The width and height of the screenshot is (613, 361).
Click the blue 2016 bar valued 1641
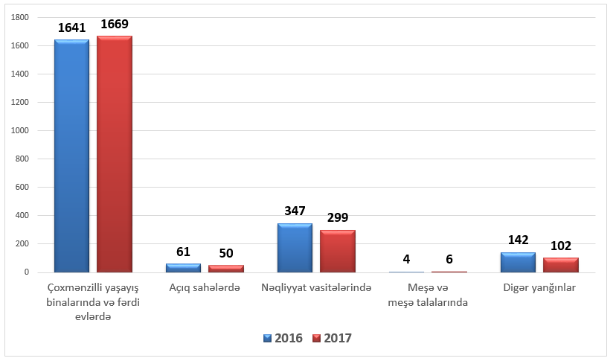click(x=71, y=156)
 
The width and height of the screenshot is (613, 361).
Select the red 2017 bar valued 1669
click(x=115, y=154)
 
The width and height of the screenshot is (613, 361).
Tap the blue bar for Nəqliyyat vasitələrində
click(x=295, y=248)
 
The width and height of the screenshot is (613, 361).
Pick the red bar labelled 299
click(x=338, y=251)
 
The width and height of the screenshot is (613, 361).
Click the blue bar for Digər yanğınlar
click(x=518, y=262)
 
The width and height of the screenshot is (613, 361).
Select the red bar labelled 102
click(x=561, y=265)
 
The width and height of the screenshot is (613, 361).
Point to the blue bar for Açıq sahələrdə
click(x=183, y=268)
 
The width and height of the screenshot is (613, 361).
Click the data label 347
click(x=295, y=211)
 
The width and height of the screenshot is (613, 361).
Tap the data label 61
click(x=183, y=252)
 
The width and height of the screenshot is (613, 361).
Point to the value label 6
click(x=449, y=259)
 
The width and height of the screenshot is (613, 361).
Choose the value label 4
click(x=407, y=259)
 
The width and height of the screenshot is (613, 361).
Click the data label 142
click(x=518, y=240)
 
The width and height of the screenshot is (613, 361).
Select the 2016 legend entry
click(x=283, y=338)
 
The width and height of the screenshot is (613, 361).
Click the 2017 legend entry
click(x=333, y=338)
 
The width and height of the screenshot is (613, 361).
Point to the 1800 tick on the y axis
click(x=20, y=17)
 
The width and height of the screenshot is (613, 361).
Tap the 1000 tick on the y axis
click(x=20, y=131)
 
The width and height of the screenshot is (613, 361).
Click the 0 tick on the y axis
click(x=27, y=272)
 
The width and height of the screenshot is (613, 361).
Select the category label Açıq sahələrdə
click(x=205, y=288)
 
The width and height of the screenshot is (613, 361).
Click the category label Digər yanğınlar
click(x=539, y=288)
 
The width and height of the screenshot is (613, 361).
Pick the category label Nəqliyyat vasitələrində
click(x=316, y=288)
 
